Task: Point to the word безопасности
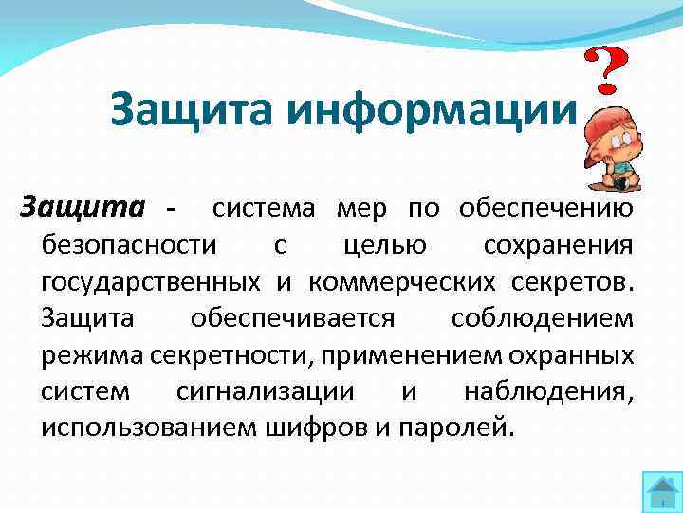129,246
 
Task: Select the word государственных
152,282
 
